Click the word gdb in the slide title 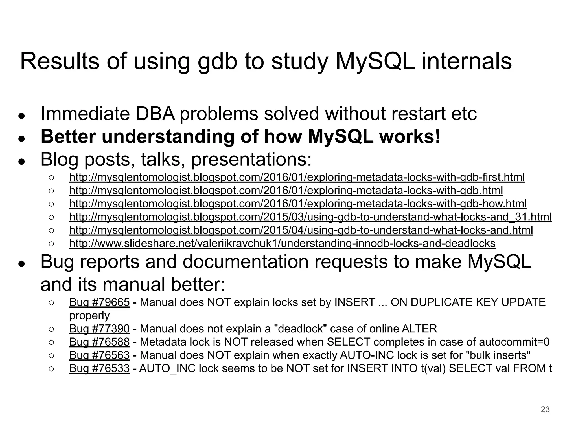click(x=217, y=62)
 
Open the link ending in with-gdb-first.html click(x=297, y=177)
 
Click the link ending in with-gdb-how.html click(x=298, y=204)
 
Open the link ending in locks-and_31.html click(x=310, y=217)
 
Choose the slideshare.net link click(x=282, y=243)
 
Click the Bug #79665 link click(x=99, y=302)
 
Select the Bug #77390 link click(x=99, y=329)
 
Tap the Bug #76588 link click(x=99, y=342)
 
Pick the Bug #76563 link click(x=99, y=355)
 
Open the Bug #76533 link click(x=99, y=368)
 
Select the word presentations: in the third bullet click(x=251, y=160)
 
